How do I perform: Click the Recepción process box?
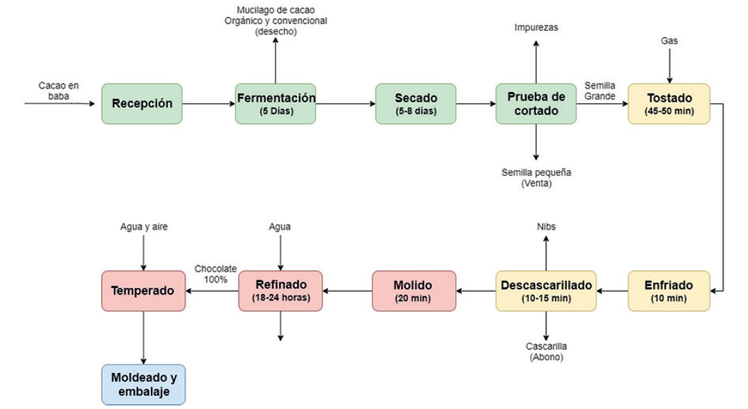tap(142, 104)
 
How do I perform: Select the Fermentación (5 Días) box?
tap(276, 104)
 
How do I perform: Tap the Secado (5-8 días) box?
tap(416, 104)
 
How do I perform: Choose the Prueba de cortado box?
tap(536, 104)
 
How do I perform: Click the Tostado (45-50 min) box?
tap(668, 104)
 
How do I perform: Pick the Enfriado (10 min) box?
tap(668, 291)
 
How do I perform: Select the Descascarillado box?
tap(546, 291)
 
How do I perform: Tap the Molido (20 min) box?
tap(413, 291)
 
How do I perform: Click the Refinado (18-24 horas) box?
tap(280, 291)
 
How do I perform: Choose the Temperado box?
tap(144, 291)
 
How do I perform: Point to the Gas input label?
tap(669, 41)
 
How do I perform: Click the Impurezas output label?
tap(536, 28)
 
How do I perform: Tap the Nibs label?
tap(546, 227)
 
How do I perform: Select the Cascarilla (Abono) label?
tap(546, 352)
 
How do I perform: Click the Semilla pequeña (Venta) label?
tap(536, 178)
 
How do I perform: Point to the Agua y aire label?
tap(144, 227)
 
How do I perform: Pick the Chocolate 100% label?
tap(216, 274)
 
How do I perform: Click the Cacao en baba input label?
tap(59, 91)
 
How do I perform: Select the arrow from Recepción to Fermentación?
tap(209, 104)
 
